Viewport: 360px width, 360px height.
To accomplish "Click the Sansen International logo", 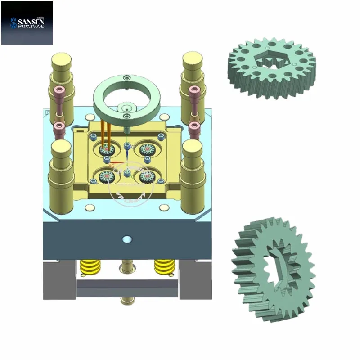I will [27, 23].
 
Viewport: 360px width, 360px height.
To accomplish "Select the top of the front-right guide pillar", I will [192, 146].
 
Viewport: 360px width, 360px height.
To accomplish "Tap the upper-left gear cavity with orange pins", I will [106, 149].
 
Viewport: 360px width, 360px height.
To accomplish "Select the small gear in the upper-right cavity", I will [147, 149].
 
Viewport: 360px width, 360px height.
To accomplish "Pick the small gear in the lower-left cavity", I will [107, 177].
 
